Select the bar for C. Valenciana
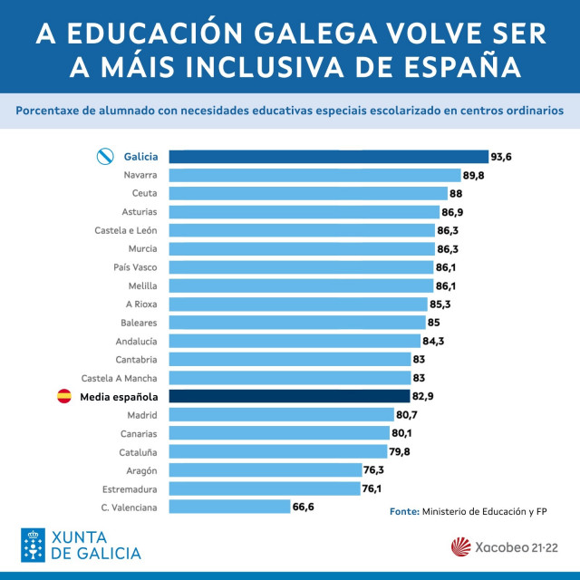click(x=229, y=507)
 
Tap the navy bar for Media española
click(x=289, y=397)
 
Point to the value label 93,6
click(x=502, y=157)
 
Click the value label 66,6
click(x=303, y=507)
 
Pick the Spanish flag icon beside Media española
click(x=64, y=397)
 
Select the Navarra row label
click(x=140, y=175)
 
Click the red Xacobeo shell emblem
click(x=462, y=547)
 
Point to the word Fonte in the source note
click(x=403, y=512)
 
